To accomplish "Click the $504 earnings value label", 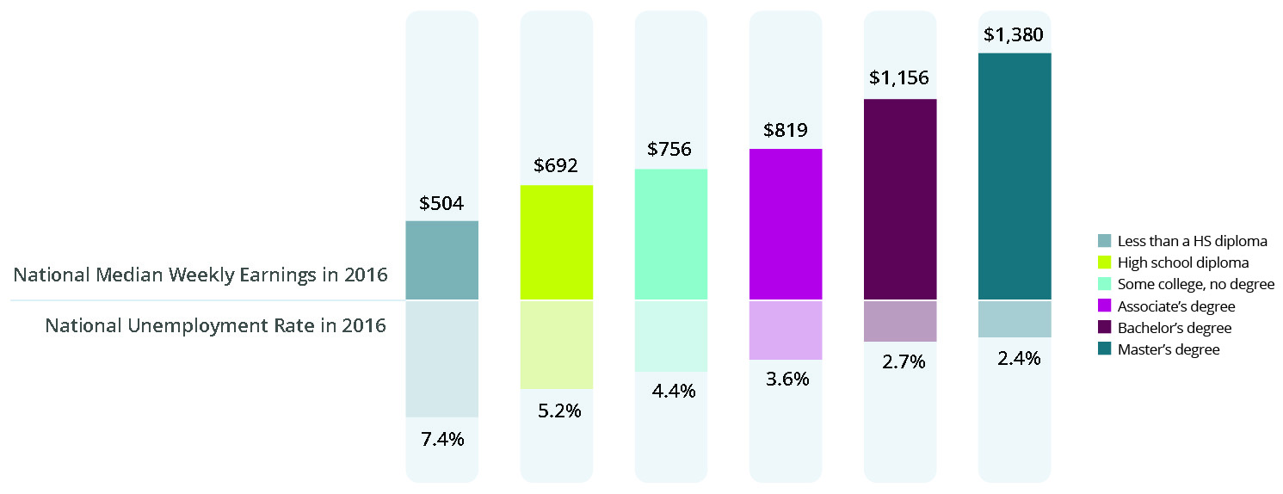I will pyautogui.click(x=441, y=204).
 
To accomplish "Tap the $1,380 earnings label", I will pyautogui.click(x=1015, y=36).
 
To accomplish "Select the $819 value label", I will pyautogui.click(x=786, y=132).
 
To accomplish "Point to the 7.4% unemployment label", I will pyautogui.click(x=441, y=439).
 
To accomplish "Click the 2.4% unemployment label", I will pyautogui.click(x=1015, y=359).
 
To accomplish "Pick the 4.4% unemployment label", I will pyautogui.click(x=671, y=392).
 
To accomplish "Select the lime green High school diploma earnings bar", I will pyautogui.click(x=557, y=243).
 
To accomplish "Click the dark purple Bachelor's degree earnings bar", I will pyautogui.click(x=900, y=200).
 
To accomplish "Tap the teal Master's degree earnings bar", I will pyautogui.click(x=1015, y=176).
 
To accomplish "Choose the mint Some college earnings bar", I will pyautogui.click(x=671, y=234).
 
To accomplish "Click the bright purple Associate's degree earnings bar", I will pyautogui.click(x=786, y=225).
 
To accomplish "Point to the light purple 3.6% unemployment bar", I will pyautogui.click(x=786, y=330).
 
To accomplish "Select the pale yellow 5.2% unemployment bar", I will pyautogui.click(x=557, y=344).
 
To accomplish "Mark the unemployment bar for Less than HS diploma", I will pyautogui.click(x=441, y=359).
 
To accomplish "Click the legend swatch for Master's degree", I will pyautogui.click(x=1105, y=349).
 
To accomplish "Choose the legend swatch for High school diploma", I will pyautogui.click(x=1105, y=262).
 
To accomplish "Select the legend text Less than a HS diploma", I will pyautogui.click(x=1192, y=240).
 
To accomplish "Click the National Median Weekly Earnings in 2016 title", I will pyautogui.click(x=200, y=275).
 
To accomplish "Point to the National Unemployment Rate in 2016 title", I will pyautogui.click(x=215, y=326).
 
